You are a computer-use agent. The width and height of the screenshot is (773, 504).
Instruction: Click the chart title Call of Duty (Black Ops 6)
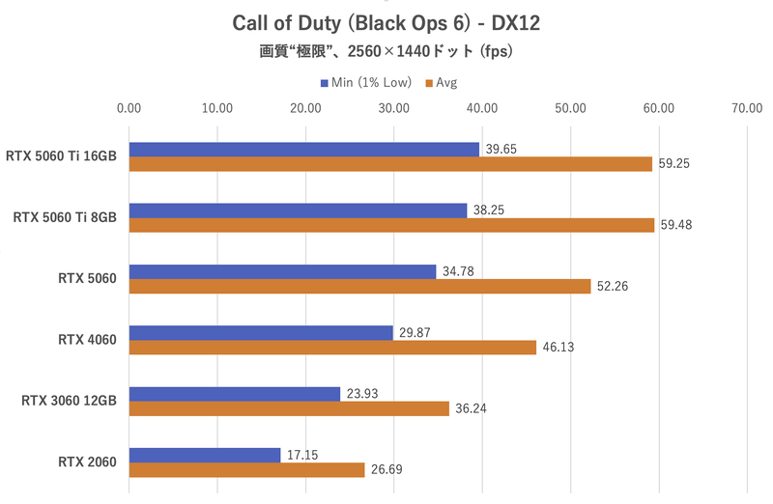point(386,21)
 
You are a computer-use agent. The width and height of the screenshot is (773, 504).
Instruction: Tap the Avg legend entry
point(441,83)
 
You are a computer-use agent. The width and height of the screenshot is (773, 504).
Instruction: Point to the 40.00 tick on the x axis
point(482,108)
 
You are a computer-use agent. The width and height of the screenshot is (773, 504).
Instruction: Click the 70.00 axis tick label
point(747,108)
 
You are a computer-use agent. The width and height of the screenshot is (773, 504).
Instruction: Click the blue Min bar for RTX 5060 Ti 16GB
point(303,149)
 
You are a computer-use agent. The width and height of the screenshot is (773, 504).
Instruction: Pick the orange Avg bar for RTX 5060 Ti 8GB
point(392,225)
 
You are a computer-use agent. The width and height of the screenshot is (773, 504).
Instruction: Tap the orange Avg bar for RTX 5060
point(359,286)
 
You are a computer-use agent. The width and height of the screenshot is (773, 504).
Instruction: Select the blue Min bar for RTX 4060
point(261,332)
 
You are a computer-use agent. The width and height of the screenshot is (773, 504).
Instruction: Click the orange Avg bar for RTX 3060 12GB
point(289,408)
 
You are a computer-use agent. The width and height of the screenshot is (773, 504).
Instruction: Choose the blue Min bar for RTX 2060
point(204,455)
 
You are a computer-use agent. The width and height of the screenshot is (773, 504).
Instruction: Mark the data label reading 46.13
point(558,348)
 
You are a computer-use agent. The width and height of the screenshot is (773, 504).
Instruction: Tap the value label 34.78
point(458,271)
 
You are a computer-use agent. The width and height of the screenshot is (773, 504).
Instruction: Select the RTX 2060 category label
point(87,462)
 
